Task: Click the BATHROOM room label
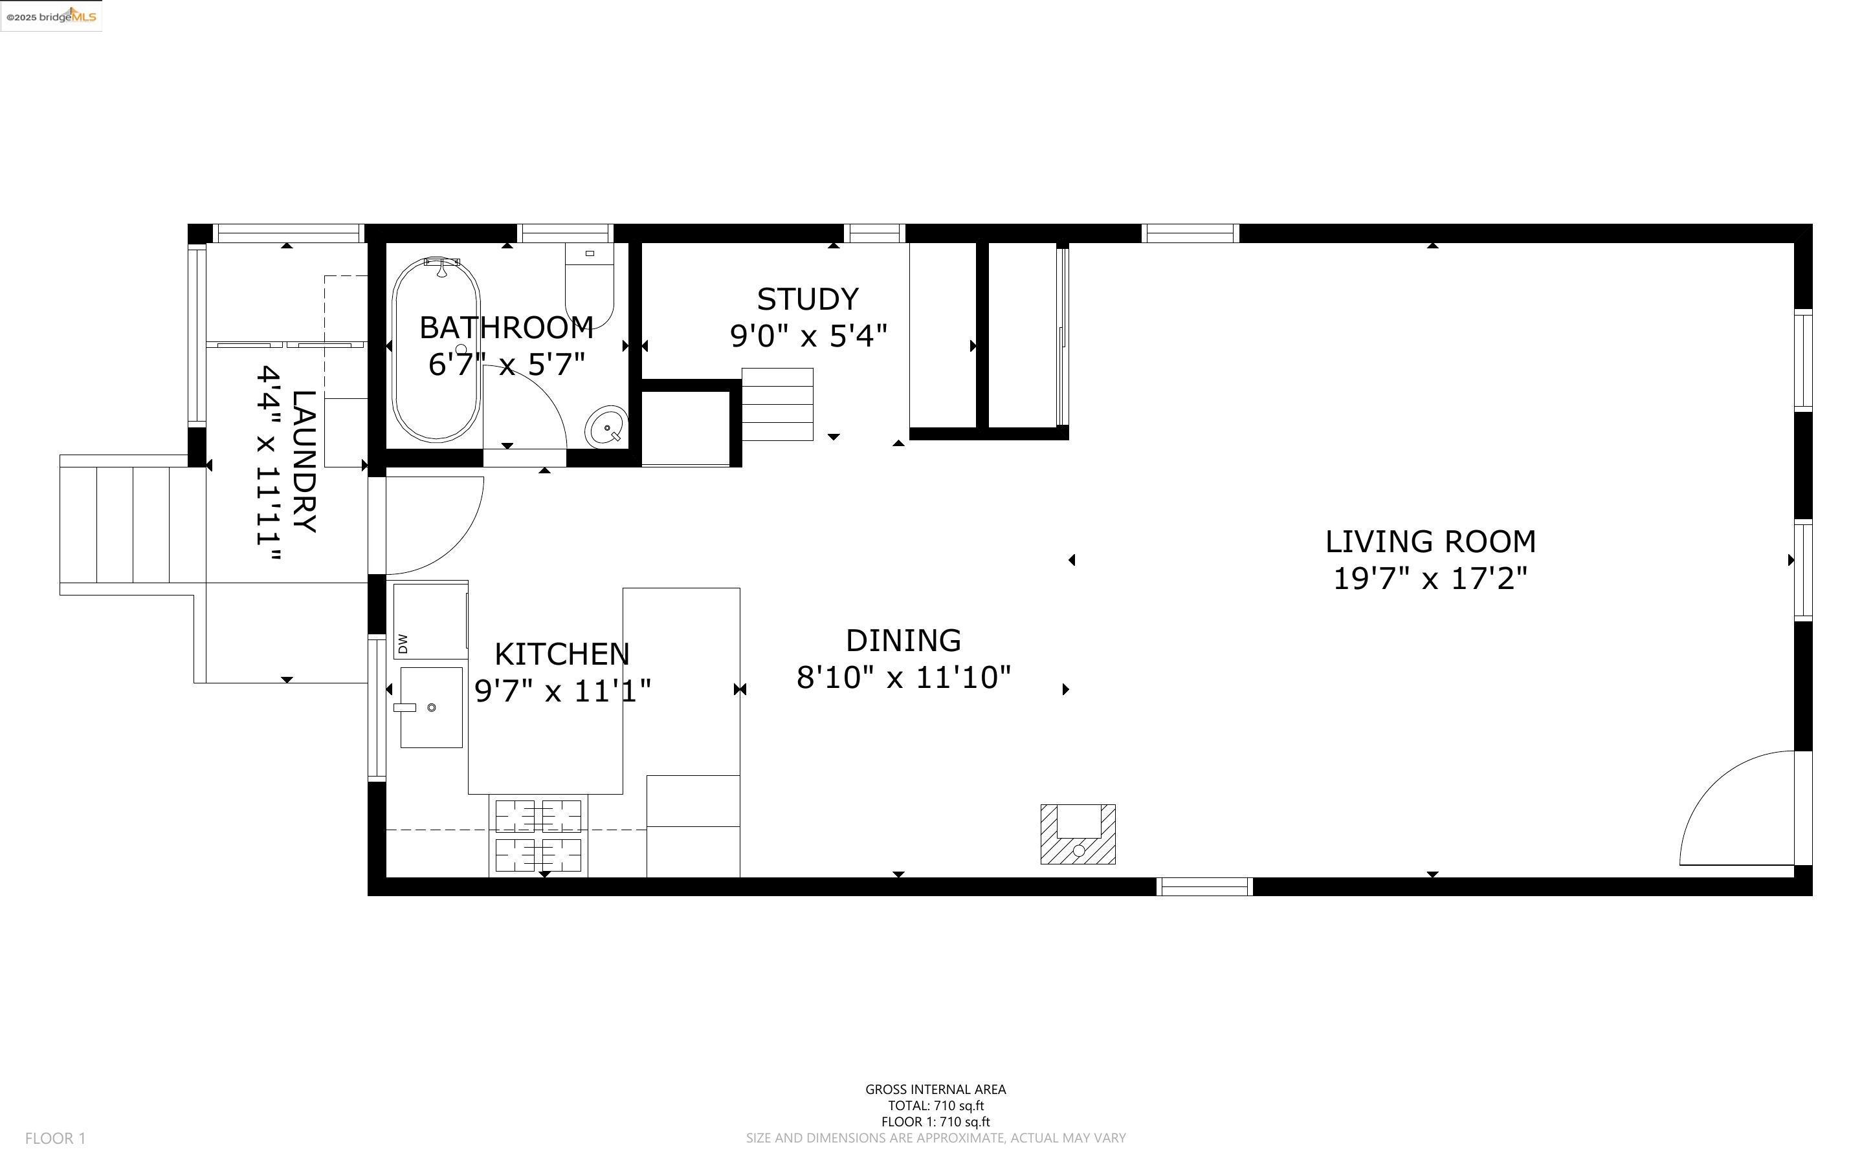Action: tap(506, 328)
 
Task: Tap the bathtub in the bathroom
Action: tap(436, 350)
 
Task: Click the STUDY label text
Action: tap(808, 299)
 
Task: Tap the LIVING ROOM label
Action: tap(1430, 541)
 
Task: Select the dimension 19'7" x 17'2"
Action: tap(1430, 578)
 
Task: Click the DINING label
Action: tap(903, 640)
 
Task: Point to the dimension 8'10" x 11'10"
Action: tap(903, 677)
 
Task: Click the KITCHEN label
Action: tap(562, 654)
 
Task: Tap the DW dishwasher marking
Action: tap(403, 643)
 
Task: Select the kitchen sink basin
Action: tap(432, 707)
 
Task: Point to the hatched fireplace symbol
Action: tap(1078, 834)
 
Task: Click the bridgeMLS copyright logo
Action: tap(51, 16)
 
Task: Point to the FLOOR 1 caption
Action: tap(56, 1138)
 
